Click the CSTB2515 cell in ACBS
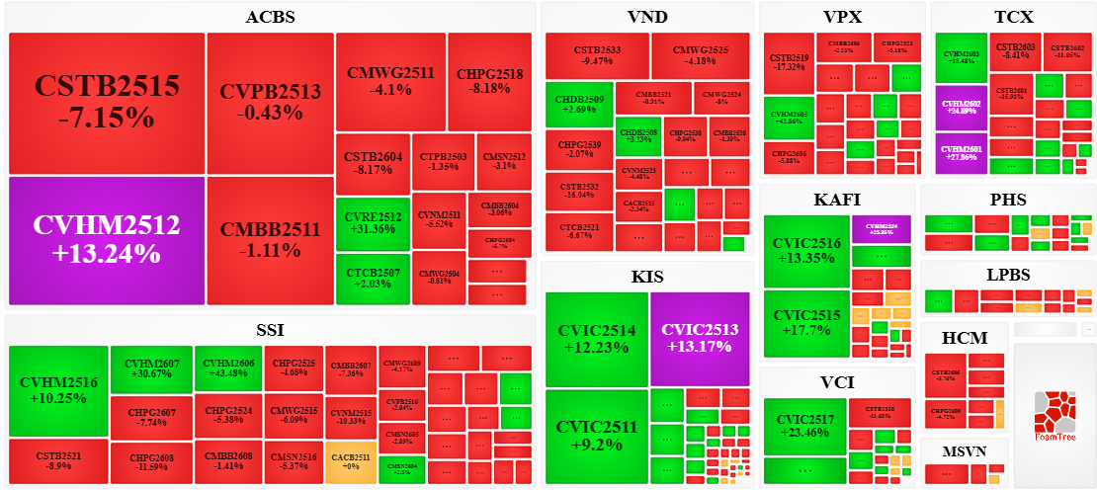pos(106,103)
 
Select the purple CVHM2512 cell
pos(106,240)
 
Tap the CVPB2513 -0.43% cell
pos(270,103)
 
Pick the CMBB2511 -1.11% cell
pos(270,240)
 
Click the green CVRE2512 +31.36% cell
pos(372,222)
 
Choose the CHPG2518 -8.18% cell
pos(489,81)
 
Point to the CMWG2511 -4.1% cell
pos(390,81)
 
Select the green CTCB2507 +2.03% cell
pos(372,278)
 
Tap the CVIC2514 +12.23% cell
pos(596,338)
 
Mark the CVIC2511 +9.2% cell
pos(596,436)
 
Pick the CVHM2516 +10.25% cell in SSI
pos(58,390)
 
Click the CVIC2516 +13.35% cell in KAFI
pos(806,251)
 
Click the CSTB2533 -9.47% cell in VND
pos(596,54)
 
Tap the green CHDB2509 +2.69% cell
pos(578,106)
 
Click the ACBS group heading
pos(270,17)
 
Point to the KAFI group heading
pos(837,200)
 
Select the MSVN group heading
pos(965,451)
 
